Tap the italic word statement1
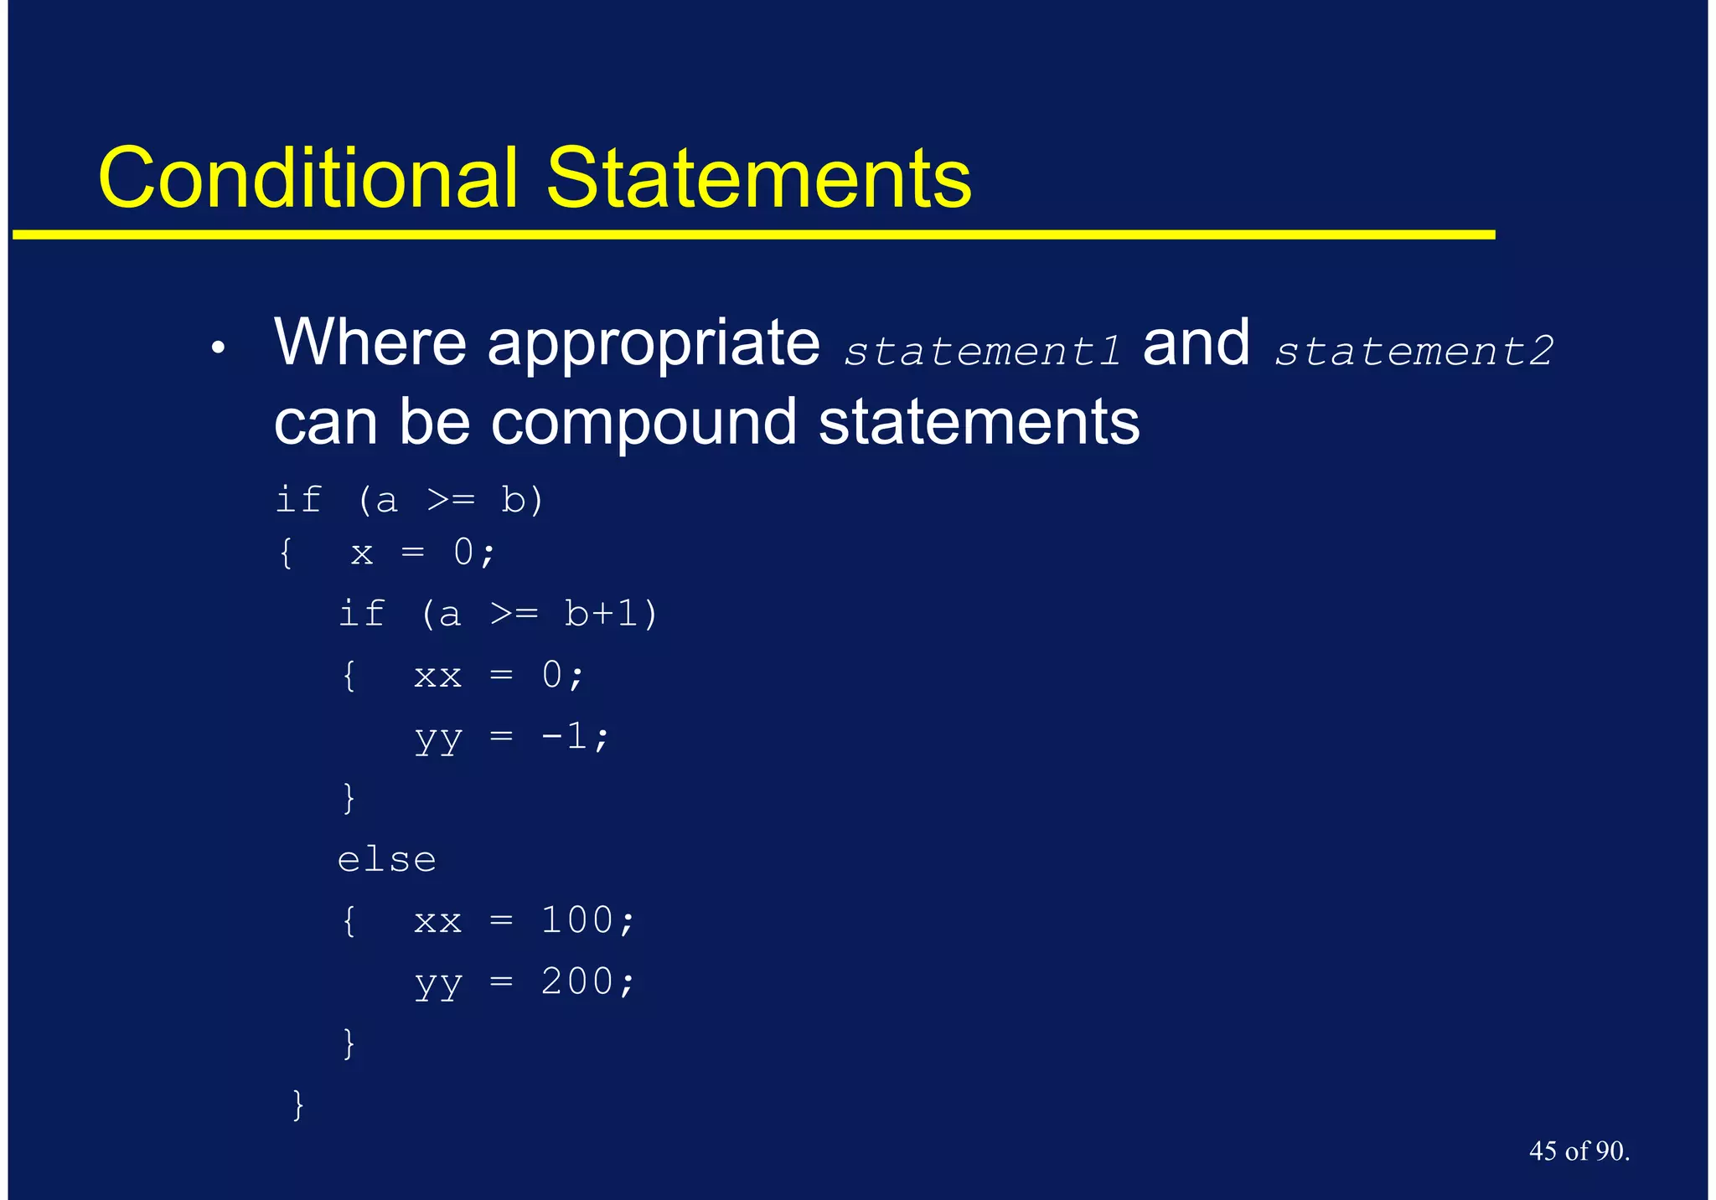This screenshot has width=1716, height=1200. click(982, 351)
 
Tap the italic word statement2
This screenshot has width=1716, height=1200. click(1414, 351)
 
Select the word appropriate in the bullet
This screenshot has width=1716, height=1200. click(654, 343)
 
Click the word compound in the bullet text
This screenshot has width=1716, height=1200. click(643, 423)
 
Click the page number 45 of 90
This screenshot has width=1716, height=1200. click(1579, 1151)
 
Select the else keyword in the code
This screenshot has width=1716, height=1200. click(386, 860)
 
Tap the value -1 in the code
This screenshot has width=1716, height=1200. click(565, 736)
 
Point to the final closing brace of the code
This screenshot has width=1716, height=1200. click(297, 1105)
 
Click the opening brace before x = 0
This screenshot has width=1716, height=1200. click(287, 553)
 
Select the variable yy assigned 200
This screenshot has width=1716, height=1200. click(438, 983)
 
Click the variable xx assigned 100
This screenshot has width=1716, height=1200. click(438, 921)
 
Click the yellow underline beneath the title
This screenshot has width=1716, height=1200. click(754, 235)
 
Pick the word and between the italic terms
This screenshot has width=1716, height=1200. click(1196, 343)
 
